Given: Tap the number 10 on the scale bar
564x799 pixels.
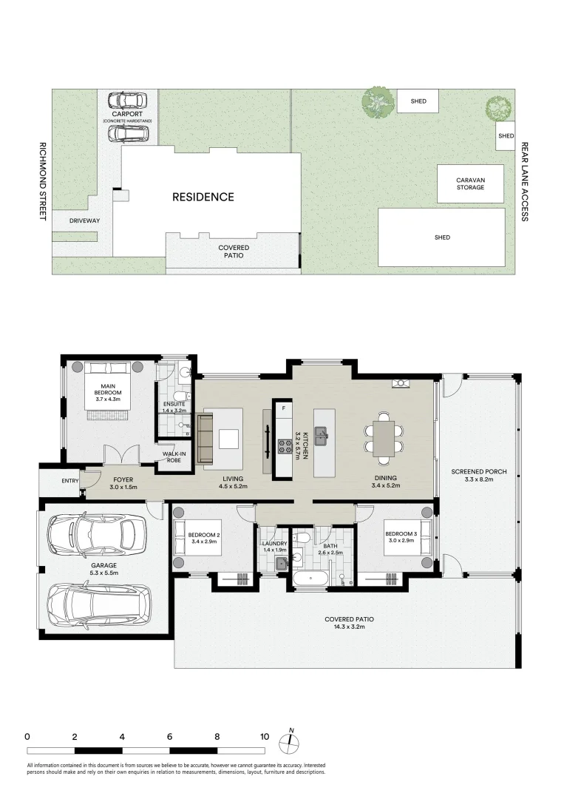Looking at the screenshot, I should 264,737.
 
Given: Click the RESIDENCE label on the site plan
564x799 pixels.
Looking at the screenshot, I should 203,197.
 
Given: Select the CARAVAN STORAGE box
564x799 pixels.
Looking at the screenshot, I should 469,183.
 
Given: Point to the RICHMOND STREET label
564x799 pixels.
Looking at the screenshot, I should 43,181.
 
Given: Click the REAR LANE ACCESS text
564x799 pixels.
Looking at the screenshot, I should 524,182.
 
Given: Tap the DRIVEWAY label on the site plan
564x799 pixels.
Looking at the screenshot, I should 84,220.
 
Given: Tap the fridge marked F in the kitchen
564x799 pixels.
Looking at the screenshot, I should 283,408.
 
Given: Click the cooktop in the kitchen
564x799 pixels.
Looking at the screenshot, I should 284,445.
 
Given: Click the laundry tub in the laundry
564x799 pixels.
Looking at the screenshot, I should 282,564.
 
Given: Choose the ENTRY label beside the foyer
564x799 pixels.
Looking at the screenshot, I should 70,482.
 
